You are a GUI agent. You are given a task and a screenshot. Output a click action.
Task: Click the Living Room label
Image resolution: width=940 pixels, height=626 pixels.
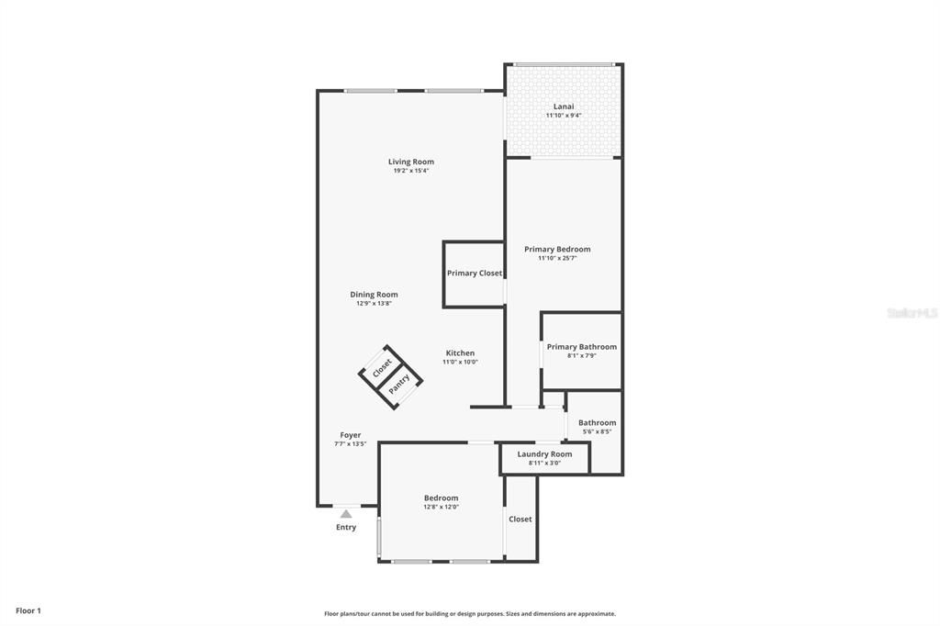(x=410, y=162)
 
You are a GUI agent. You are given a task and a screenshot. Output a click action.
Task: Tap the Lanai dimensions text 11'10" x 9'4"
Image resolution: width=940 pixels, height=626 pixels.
(x=564, y=116)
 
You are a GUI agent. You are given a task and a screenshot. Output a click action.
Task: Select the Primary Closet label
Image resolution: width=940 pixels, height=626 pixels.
(x=475, y=274)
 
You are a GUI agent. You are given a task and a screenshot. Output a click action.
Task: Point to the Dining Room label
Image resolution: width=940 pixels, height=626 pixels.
(x=374, y=295)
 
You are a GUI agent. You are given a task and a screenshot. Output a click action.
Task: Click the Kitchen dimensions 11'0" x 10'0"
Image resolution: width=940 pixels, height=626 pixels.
(x=460, y=362)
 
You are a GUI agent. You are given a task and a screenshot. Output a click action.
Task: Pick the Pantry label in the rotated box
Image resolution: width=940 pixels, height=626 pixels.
(x=399, y=384)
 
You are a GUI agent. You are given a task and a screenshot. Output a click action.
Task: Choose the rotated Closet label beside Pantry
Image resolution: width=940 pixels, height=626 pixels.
(x=382, y=368)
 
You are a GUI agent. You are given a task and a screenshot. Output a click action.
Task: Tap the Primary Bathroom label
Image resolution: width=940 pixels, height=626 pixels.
(x=582, y=347)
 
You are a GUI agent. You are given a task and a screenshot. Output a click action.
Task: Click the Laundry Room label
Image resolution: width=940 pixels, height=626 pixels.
(x=544, y=454)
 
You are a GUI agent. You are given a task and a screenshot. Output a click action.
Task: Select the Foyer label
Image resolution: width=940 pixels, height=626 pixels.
(x=350, y=435)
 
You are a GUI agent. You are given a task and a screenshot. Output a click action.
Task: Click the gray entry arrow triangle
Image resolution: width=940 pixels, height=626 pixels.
(x=346, y=514)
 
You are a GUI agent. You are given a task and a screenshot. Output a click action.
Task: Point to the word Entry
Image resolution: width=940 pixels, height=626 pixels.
(x=346, y=528)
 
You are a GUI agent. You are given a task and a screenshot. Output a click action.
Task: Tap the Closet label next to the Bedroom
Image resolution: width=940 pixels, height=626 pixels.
(x=520, y=520)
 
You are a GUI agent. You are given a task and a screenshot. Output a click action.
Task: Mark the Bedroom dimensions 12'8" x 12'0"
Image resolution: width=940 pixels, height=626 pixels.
(x=441, y=507)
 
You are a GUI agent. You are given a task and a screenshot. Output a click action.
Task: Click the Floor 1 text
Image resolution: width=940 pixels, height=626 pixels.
(x=28, y=610)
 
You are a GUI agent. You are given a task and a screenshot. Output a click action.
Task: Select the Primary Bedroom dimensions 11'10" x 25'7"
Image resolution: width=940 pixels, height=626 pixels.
(x=557, y=258)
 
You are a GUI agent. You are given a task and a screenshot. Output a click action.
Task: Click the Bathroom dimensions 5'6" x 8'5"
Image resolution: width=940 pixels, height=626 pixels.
(x=597, y=431)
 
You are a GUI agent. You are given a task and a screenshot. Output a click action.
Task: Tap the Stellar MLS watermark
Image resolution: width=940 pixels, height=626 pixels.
(x=912, y=313)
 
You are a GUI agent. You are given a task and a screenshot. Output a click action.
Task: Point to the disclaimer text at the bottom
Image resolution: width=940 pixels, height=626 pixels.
(x=470, y=614)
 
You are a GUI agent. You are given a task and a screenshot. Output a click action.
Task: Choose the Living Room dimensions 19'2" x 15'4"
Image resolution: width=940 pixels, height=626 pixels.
(x=411, y=171)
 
